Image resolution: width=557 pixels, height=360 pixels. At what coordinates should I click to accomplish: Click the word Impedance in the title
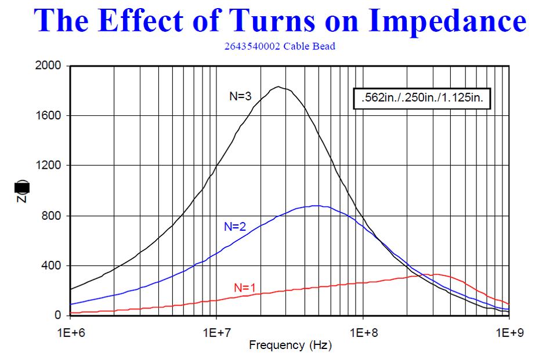[x=447, y=21]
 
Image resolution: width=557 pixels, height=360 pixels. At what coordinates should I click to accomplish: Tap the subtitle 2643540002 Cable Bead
[x=279, y=46]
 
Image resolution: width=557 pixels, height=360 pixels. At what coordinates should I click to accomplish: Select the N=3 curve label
[x=240, y=97]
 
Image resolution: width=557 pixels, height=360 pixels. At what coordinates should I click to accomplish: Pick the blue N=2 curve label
[x=235, y=227]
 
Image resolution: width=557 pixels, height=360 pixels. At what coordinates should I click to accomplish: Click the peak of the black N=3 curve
[x=279, y=87]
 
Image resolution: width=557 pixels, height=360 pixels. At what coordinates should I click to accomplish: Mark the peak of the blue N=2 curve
[x=315, y=205]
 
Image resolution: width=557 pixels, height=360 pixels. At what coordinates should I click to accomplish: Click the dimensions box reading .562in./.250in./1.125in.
[x=422, y=99]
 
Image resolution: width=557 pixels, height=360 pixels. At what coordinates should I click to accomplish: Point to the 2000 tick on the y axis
[x=50, y=66]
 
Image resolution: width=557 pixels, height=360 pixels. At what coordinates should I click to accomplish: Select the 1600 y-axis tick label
[x=50, y=115]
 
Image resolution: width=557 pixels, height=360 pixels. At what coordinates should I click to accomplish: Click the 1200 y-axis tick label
[x=50, y=166]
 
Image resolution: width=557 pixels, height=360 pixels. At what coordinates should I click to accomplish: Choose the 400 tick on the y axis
[x=53, y=266]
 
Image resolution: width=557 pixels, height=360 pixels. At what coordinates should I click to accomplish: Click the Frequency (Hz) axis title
[x=290, y=346]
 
